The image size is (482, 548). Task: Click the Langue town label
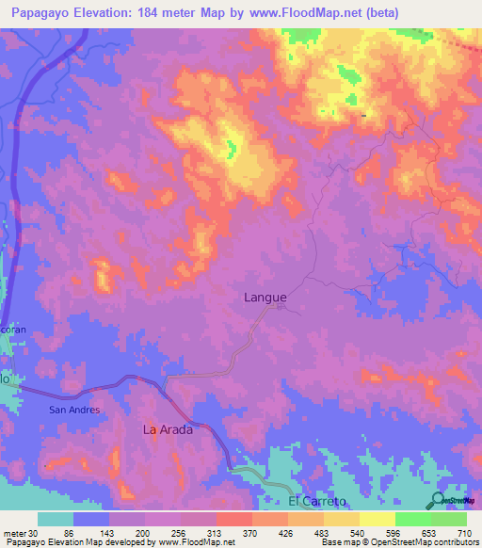tap(265, 297)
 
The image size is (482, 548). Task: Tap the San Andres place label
tap(74, 410)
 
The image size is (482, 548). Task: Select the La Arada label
tap(168, 429)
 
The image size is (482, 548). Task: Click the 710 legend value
tap(462, 533)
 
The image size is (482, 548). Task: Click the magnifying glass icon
tap(438, 502)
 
